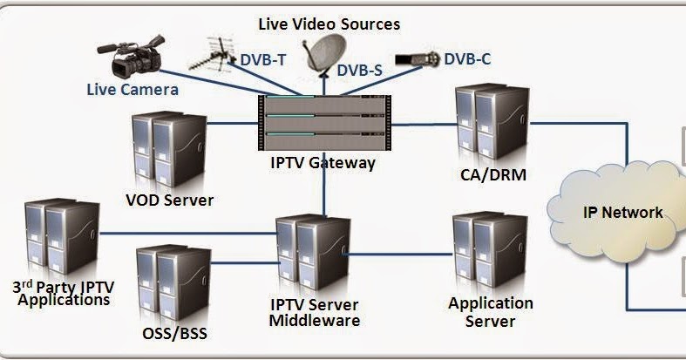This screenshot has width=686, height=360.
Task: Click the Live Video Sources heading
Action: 329,23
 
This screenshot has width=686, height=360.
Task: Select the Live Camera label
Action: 132,89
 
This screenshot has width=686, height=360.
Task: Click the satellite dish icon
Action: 322,49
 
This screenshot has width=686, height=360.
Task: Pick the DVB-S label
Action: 360,71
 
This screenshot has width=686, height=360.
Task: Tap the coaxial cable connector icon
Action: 417,60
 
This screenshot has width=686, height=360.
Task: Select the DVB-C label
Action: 467,59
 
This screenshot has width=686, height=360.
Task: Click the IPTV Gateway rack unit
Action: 323,122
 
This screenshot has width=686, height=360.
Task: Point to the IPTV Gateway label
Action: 323,162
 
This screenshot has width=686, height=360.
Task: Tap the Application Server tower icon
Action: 488,253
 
